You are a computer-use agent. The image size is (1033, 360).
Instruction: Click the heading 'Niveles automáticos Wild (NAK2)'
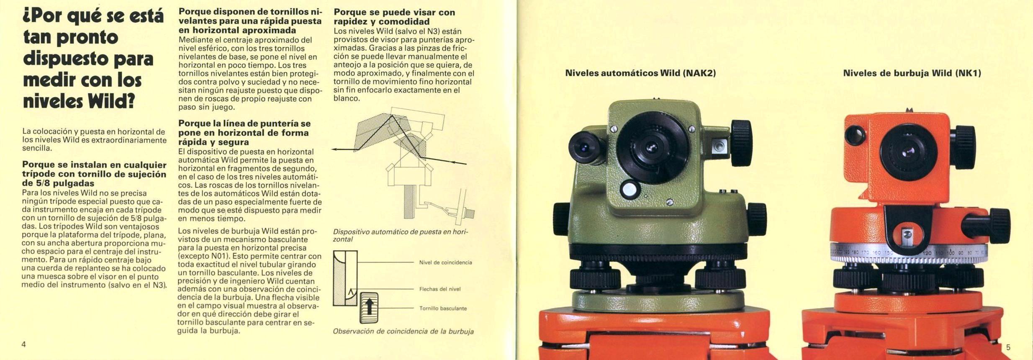tap(640, 73)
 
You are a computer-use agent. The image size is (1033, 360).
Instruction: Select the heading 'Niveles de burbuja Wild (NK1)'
tap(912, 73)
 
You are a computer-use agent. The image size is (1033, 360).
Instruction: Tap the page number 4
tap(24, 344)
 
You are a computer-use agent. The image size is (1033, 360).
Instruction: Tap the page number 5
tap(1008, 347)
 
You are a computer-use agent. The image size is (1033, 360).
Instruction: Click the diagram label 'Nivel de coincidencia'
tap(445, 262)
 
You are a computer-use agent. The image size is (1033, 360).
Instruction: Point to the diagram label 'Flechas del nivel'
tap(440, 289)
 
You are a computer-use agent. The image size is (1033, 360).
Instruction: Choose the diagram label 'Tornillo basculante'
tap(443, 309)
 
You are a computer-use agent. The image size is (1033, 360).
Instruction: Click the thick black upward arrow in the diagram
tap(369, 306)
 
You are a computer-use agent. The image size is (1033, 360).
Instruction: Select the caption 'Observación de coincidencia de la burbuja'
tap(403, 332)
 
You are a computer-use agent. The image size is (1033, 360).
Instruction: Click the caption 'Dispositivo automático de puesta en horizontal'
tap(401, 235)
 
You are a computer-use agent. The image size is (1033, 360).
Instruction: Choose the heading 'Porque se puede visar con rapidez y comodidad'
tap(394, 17)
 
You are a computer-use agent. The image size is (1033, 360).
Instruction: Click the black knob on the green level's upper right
tap(742, 143)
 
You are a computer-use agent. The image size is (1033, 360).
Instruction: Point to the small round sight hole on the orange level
tap(855, 134)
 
